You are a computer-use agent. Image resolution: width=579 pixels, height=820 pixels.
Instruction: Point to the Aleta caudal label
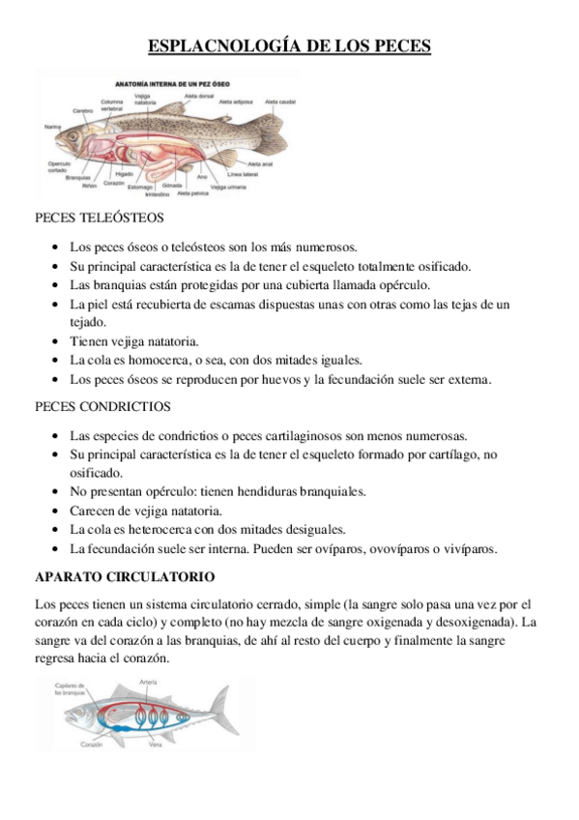281,102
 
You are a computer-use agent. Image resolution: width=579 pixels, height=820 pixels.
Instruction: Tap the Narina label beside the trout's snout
52,127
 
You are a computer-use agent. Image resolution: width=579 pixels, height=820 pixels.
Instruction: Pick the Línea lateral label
243,174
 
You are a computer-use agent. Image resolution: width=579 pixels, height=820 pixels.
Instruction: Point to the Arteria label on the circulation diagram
148,683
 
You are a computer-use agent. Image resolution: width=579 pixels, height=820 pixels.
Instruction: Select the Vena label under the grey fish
155,745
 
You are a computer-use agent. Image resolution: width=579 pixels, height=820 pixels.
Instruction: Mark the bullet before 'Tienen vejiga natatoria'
62,341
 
